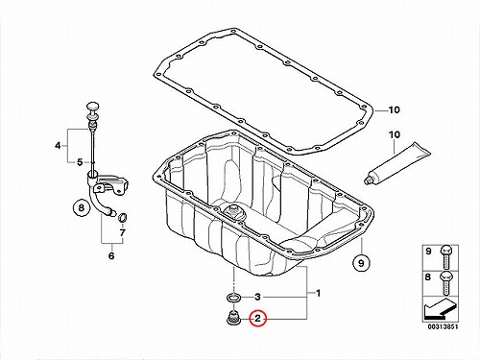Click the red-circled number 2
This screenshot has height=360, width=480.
click(x=258, y=319)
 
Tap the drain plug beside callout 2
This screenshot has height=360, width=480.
click(x=234, y=317)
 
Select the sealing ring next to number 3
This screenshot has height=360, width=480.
click(x=234, y=297)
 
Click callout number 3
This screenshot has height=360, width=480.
click(x=257, y=297)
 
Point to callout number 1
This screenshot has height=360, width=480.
click(x=318, y=293)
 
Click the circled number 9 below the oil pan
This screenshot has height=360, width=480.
click(x=361, y=263)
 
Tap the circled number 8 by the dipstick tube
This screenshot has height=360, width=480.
click(x=82, y=208)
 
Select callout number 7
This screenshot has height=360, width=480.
click(x=122, y=232)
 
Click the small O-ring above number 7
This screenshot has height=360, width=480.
click(x=123, y=218)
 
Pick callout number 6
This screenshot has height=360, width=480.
click(x=111, y=256)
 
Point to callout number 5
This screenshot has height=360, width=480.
click(x=80, y=162)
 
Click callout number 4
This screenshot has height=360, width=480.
click(x=58, y=146)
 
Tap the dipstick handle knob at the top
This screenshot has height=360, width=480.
click(x=92, y=107)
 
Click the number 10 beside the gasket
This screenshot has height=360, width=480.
click(x=395, y=110)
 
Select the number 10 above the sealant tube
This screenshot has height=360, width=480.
click(x=395, y=134)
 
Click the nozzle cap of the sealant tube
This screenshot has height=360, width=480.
click(x=369, y=180)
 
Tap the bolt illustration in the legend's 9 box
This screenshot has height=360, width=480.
click(x=446, y=257)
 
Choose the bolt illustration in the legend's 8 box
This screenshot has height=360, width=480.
click(x=446, y=283)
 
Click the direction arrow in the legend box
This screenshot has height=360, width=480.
click(x=440, y=309)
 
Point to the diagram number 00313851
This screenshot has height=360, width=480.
click(x=443, y=326)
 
